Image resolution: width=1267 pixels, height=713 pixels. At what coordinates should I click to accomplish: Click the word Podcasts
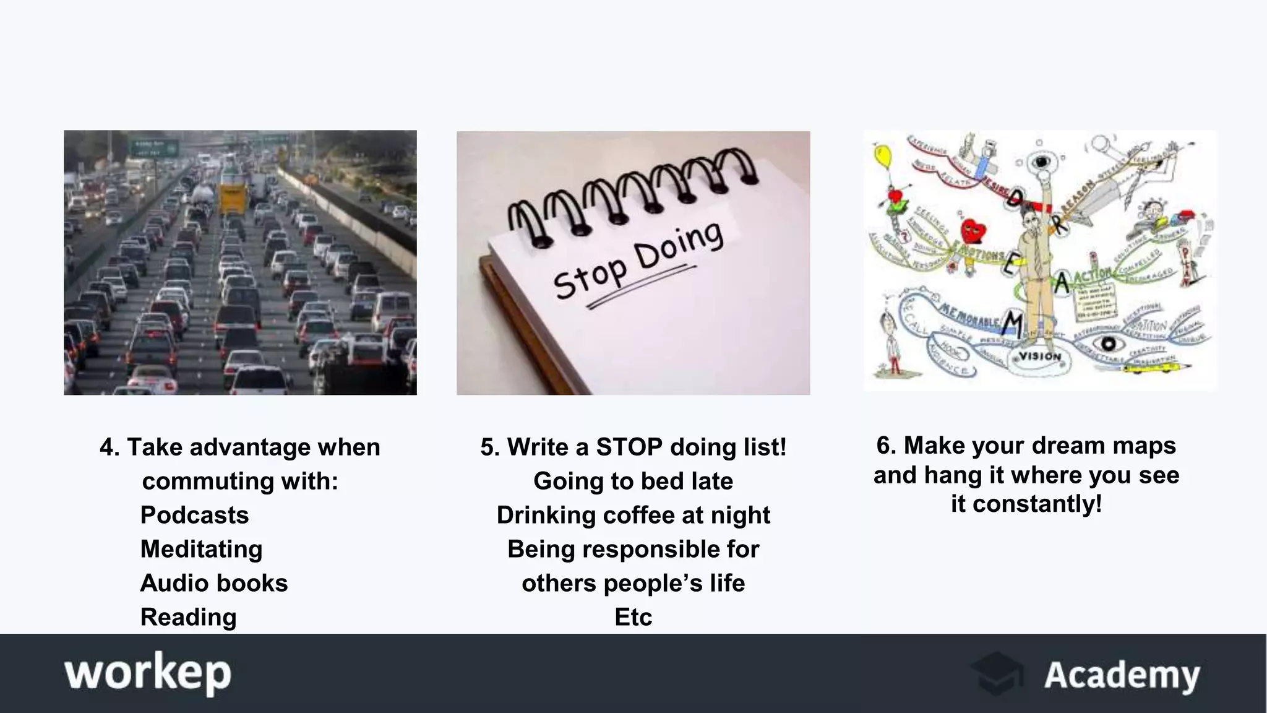pos(194,515)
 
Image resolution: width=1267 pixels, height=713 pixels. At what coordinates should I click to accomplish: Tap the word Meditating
pos(201,549)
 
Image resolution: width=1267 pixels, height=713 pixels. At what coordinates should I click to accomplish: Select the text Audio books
pos(213,583)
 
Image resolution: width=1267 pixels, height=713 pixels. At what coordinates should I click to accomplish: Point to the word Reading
pos(188,617)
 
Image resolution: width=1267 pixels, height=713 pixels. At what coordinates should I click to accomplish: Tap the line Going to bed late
pos(633,481)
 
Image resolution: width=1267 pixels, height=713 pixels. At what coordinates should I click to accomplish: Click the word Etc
pos(633,617)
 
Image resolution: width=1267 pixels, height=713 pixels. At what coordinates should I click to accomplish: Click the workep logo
pos(148,673)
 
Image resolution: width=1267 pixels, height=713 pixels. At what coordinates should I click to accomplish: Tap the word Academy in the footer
pos(1122,675)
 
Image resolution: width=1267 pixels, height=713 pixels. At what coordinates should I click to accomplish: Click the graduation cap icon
pos(997,673)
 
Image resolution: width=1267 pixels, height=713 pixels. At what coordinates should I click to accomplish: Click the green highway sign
pos(153,148)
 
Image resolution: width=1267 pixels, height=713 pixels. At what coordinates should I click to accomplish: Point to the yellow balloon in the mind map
pos(883,155)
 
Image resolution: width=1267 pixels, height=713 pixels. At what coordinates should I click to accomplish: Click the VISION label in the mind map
pos(1039,356)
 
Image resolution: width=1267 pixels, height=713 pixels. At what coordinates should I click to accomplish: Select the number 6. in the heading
pos(887,446)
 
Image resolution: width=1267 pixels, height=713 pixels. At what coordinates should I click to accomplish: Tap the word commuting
pos(200,481)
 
